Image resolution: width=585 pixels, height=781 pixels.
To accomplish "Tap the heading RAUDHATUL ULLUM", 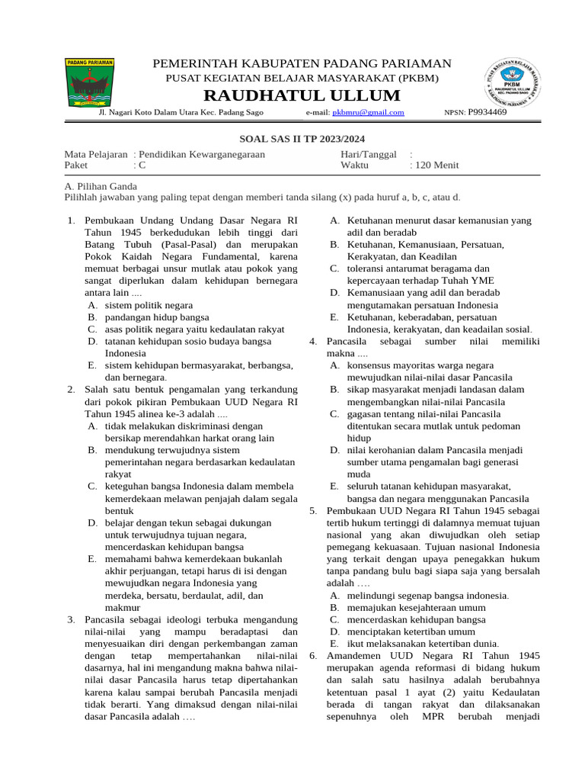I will [x=301, y=95].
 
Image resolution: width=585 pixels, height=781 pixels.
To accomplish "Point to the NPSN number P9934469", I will [x=487, y=112].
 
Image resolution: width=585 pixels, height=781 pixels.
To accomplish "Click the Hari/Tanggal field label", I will [x=369, y=154].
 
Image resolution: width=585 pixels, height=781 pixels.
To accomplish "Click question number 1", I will [x=70, y=221].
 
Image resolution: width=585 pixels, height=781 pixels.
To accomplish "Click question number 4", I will [x=313, y=341].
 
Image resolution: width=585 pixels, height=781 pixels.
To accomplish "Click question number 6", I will [x=313, y=656].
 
